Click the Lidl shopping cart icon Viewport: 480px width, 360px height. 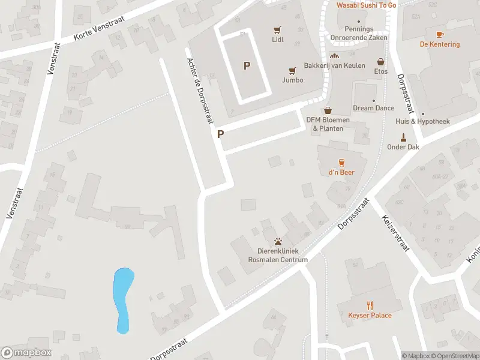point(277,29)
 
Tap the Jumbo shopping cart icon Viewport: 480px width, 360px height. point(293,70)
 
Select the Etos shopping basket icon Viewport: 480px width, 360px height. point(380,61)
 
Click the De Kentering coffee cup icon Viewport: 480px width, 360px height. point(440,34)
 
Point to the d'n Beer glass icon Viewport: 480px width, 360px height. point(341,162)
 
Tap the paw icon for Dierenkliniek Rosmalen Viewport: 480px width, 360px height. point(278,242)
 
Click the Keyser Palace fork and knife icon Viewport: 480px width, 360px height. point(370,305)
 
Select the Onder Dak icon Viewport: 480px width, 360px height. point(403,136)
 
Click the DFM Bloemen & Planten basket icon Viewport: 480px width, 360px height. point(328,110)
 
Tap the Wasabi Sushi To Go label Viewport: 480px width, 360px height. point(366,5)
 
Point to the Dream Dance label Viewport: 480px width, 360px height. point(373,108)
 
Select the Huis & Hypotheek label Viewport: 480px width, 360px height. point(422,121)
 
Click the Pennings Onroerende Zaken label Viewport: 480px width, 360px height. point(359,33)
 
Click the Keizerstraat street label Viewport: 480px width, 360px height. point(394,233)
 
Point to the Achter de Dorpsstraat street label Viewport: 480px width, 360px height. point(200,86)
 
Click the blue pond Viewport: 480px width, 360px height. point(123,299)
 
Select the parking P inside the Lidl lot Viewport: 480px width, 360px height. point(247,66)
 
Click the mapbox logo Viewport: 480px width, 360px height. point(26,353)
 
